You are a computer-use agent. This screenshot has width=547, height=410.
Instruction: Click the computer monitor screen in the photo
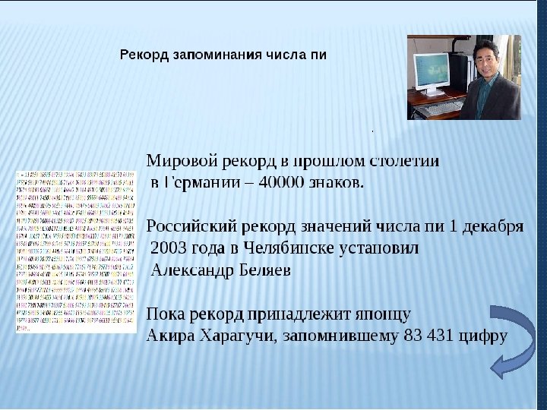click(431, 73)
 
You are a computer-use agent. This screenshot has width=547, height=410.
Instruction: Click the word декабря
click(493, 226)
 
